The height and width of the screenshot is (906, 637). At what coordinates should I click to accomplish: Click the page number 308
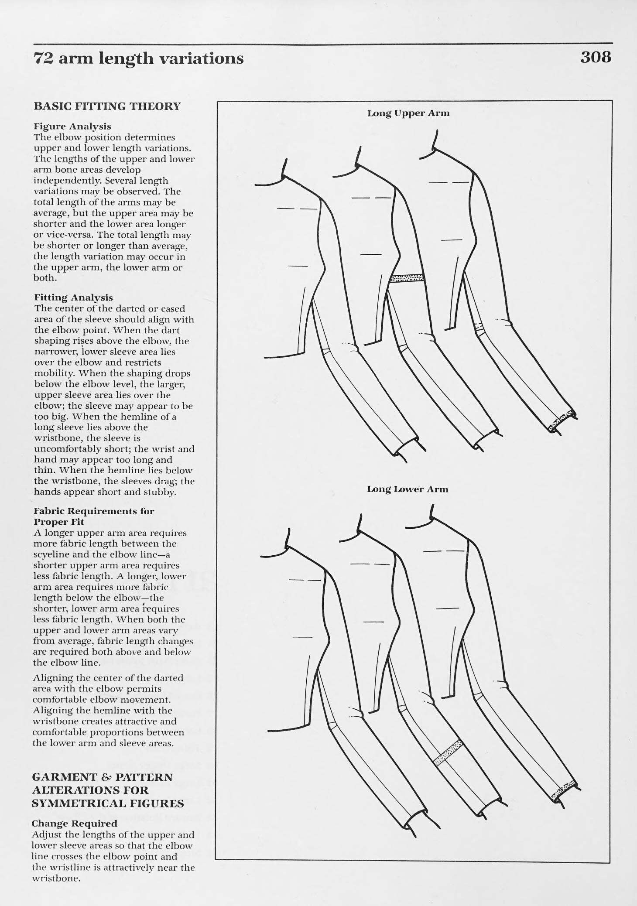[596, 57]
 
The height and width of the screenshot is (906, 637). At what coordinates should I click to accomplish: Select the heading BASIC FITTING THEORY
[107, 106]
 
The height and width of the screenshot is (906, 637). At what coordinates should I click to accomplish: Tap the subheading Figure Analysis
[72, 126]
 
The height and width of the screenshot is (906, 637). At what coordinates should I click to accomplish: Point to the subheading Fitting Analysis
[73, 297]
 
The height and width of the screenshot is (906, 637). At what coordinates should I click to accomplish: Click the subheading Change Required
[75, 824]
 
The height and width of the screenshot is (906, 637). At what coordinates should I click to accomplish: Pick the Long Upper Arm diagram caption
[408, 113]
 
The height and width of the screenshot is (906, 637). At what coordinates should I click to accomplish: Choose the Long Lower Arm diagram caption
[408, 489]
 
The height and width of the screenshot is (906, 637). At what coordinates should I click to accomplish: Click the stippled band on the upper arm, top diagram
[407, 278]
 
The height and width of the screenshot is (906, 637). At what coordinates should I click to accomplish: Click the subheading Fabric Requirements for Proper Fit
[94, 516]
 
